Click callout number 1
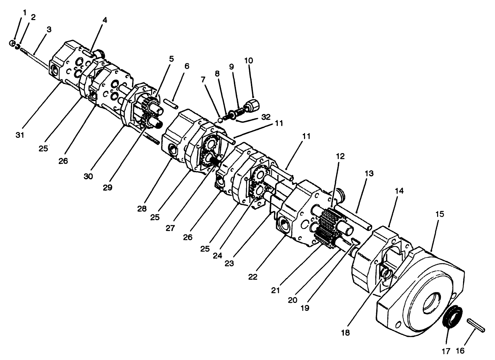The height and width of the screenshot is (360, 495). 25,13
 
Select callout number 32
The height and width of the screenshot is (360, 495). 266,117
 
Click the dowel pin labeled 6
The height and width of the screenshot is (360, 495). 171,104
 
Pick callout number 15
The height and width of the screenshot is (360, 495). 440,214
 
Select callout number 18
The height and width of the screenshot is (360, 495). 346,333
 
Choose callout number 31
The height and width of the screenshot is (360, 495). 20,135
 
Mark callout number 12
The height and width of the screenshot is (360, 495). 340,157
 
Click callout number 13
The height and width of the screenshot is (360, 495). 369,174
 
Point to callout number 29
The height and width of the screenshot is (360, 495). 108,187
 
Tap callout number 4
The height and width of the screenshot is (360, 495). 105,20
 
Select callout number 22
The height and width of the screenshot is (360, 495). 253,277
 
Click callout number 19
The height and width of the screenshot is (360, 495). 305,308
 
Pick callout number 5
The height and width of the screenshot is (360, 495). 172,59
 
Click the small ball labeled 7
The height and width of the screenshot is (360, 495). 220,120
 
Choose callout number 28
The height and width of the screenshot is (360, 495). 142,209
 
